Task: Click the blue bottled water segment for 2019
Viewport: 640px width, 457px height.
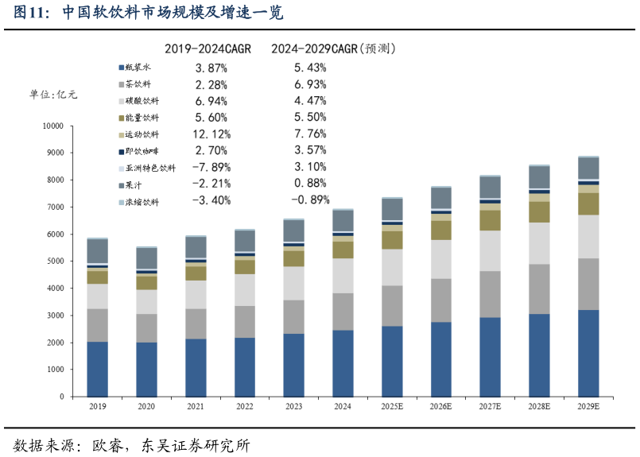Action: [98, 369]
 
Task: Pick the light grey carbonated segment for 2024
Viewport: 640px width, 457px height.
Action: [343, 276]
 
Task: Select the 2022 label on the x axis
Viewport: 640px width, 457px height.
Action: [245, 406]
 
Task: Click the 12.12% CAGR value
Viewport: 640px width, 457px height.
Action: [211, 134]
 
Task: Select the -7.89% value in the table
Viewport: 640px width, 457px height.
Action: [211, 168]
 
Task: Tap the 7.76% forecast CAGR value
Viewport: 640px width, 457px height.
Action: [310, 134]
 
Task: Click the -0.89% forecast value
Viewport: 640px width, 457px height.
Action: [310, 200]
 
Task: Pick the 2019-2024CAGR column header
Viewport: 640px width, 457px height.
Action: [208, 49]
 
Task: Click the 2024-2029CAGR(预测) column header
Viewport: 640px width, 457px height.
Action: [334, 49]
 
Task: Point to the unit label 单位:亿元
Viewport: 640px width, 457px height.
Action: [53, 95]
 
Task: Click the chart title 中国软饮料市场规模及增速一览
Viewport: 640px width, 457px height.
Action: [172, 14]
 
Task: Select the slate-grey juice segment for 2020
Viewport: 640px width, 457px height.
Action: [147, 258]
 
